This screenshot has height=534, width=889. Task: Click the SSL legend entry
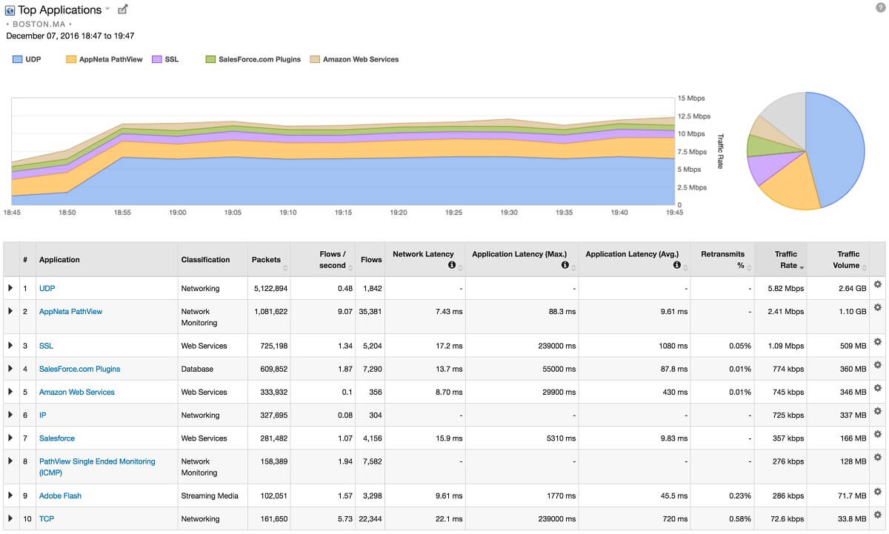pos(170,59)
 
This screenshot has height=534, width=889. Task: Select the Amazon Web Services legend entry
pos(360,59)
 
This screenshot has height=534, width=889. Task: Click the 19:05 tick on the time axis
pos(233,213)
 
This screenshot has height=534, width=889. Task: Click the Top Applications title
pos(59,10)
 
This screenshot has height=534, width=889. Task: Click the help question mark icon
pos(881,7)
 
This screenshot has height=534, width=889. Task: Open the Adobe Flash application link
pos(60,495)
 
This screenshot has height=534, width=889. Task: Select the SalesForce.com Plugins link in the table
pos(79,369)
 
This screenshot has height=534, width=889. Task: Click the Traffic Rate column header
pos(785,259)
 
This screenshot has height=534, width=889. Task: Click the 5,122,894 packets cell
pos(269,288)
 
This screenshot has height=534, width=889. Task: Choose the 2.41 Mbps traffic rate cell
pos(785,312)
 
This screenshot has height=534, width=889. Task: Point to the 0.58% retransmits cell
pos(739,518)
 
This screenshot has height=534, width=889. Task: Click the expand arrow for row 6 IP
pos(10,415)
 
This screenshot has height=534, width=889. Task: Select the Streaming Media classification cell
pos(210,495)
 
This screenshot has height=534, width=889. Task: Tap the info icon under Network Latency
pos(451,265)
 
